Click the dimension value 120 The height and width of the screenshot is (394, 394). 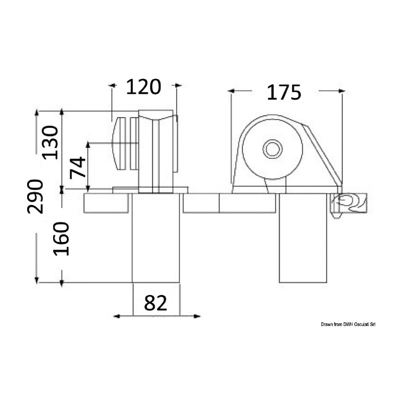coord(144,87)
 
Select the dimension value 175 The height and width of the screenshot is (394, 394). coord(284,92)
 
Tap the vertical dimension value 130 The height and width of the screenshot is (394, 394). coord(50,143)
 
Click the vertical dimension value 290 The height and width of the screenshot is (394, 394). coord(35,197)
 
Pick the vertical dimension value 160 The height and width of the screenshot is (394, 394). coord(61,239)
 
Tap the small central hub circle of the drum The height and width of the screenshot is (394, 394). coord(272,149)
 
